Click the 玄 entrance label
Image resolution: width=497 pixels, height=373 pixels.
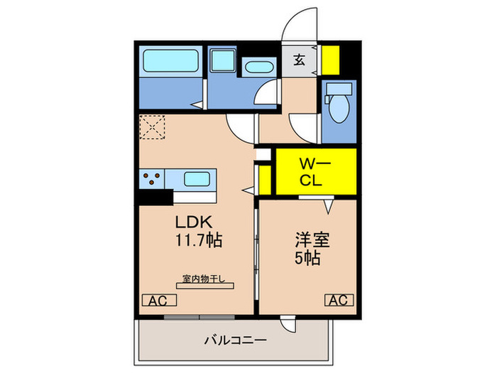[x=300, y=60]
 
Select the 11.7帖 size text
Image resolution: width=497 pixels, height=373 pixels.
[x=199, y=241]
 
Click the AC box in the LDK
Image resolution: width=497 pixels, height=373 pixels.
[x=156, y=300]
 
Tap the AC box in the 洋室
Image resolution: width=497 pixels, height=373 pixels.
[x=339, y=300]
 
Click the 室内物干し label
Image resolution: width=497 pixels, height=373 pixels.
[x=202, y=279]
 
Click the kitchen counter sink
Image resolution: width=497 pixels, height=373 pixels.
[x=194, y=178]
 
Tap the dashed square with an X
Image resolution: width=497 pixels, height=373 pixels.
[x=152, y=128]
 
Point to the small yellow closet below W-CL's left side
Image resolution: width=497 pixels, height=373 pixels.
[x=265, y=180]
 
